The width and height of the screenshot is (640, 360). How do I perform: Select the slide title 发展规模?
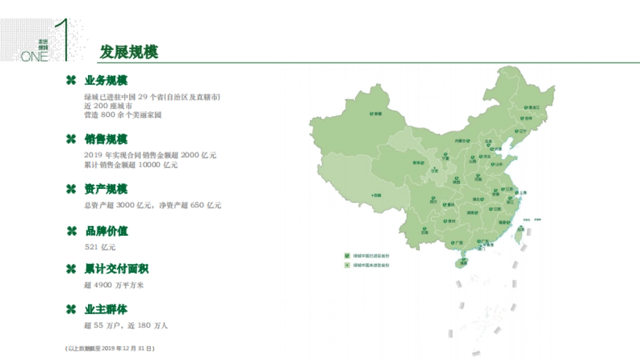pyautogui.click(x=129, y=52)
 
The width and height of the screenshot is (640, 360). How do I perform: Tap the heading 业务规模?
pyautogui.click(x=106, y=81)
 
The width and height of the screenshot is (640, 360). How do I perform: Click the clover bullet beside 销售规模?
pyautogui.click(x=70, y=140)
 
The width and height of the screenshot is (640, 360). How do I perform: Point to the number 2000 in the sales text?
pyautogui.click(x=190, y=155)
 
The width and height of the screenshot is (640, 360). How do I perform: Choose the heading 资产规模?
pyautogui.click(x=106, y=189)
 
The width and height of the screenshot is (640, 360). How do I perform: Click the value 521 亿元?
pyautogui.click(x=100, y=247)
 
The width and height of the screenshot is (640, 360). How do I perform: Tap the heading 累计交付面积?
pyautogui.click(x=117, y=269)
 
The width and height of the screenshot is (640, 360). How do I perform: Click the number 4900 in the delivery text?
pyautogui.click(x=103, y=285)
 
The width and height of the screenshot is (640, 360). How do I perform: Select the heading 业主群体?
pyautogui.click(x=106, y=310)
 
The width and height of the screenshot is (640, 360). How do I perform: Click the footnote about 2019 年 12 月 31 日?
pyautogui.click(x=109, y=348)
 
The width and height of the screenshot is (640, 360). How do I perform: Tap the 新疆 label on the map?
pyautogui.click(x=377, y=114)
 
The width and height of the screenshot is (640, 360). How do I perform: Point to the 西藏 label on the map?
pyautogui.click(x=377, y=196)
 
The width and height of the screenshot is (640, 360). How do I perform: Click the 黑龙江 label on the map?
pyautogui.click(x=534, y=108)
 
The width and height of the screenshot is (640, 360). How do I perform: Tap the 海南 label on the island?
pyautogui.click(x=463, y=262)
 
